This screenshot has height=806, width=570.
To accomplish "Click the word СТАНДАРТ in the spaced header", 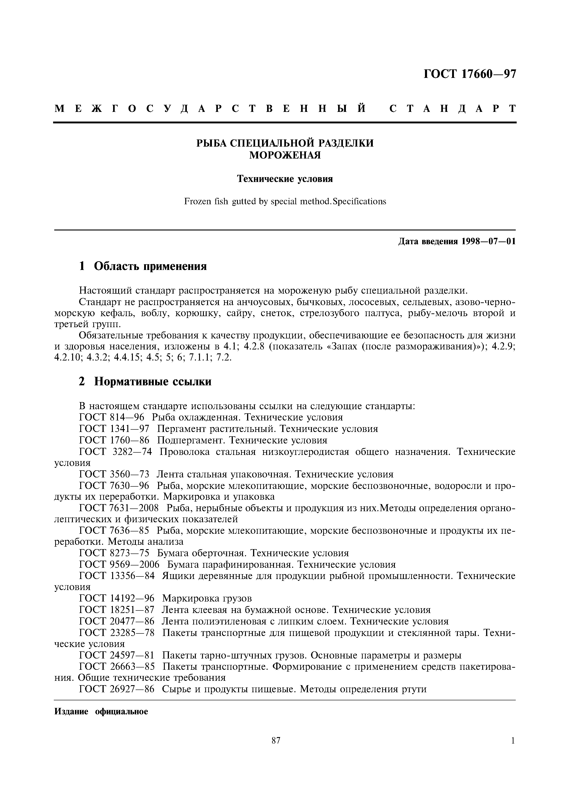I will click(452, 109).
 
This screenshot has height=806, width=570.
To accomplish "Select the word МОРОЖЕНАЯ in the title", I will click(285, 155).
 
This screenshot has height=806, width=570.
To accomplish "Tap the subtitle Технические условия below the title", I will click(285, 179).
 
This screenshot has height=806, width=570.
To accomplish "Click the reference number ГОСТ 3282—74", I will click(116, 452).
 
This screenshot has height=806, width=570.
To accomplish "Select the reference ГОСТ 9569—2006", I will click(119, 565).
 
